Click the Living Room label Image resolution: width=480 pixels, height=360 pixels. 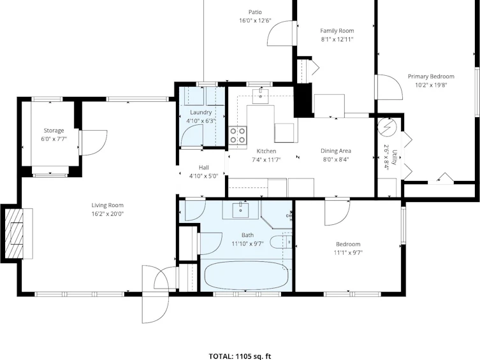(x=108, y=205)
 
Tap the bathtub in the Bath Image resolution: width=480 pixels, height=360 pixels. (x=247, y=275)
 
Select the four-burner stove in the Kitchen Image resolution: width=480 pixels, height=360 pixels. (x=238, y=135)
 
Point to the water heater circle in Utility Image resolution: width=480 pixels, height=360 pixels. (x=387, y=127)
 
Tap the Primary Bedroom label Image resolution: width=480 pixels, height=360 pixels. (x=431, y=76)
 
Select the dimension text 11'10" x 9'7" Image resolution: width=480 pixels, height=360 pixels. (x=247, y=244)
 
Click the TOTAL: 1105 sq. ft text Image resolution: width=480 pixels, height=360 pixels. (x=240, y=356)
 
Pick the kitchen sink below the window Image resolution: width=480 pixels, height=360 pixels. (x=260, y=96)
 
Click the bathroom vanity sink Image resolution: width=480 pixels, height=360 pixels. (x=240, y=210)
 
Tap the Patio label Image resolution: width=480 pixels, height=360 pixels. (x=255, y=12)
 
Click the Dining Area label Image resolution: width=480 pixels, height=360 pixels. (x=336, y=151)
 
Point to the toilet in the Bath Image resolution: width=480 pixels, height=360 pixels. (x=281, y=242)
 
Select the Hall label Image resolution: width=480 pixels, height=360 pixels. (x=204, y=168)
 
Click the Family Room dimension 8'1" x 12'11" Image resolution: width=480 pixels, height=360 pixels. (x=337, y=39)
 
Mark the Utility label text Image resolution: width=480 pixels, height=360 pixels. (x=395, y=157)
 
